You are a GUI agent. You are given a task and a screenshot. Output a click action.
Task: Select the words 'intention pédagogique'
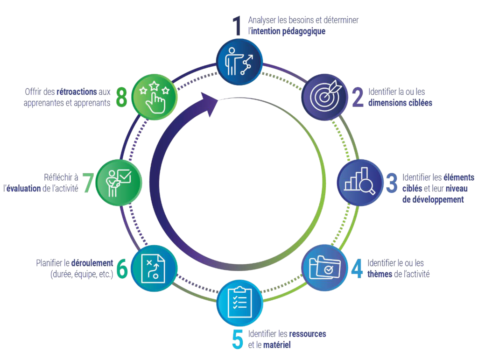click(x=288, y=32)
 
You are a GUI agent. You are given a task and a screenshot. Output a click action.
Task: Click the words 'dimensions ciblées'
click(x=400, y=103)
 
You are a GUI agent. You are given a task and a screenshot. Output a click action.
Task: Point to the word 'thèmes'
click(x=380, y=274)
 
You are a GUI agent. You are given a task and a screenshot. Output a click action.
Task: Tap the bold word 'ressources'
click(x=307, y=334)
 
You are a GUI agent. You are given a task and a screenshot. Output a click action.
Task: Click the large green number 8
click(x=122, y=97)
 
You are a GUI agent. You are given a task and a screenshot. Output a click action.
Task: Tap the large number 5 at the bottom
click(x=238, y=339)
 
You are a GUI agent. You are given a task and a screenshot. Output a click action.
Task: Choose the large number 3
click(x=392, y=183)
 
